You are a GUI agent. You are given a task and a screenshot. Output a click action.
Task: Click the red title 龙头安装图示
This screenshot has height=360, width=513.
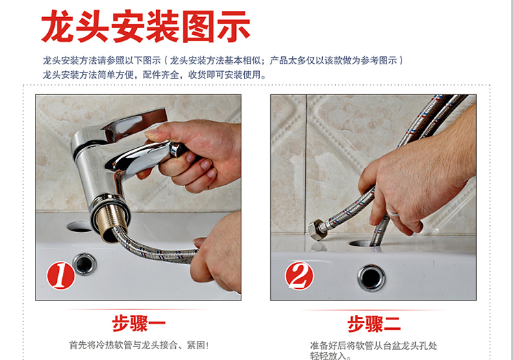[146, 26]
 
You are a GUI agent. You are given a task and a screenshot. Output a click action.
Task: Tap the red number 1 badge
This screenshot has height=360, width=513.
[61, 275]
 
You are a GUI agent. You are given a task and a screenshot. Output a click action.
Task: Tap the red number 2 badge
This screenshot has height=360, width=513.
[300, 276]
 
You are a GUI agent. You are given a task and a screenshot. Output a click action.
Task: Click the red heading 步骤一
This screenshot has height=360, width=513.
[138, 324]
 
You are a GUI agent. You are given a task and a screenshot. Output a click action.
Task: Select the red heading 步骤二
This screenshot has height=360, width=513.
[373, 324]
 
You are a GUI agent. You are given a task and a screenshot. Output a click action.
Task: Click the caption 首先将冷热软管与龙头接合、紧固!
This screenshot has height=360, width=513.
[139, 345]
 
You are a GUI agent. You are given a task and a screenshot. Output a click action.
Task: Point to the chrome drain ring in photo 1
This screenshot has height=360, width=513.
[85, 263]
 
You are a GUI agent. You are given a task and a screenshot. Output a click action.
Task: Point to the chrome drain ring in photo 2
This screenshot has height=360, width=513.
[371, 278]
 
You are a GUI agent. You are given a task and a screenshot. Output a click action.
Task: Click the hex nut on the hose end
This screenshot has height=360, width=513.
[317, 230]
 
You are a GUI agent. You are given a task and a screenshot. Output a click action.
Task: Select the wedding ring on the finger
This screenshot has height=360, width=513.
[393, 213]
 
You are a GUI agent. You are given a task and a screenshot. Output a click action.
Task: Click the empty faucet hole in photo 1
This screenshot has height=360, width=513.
[79, 227]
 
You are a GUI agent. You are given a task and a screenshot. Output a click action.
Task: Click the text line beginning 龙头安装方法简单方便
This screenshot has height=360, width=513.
[155, 75]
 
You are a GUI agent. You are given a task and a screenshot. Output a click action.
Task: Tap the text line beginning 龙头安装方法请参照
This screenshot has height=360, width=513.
[223, 60]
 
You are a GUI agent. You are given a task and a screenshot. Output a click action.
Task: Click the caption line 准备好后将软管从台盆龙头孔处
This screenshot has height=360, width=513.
[373, 346]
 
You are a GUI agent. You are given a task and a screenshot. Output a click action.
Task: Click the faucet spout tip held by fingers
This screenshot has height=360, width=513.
[179, 150]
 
